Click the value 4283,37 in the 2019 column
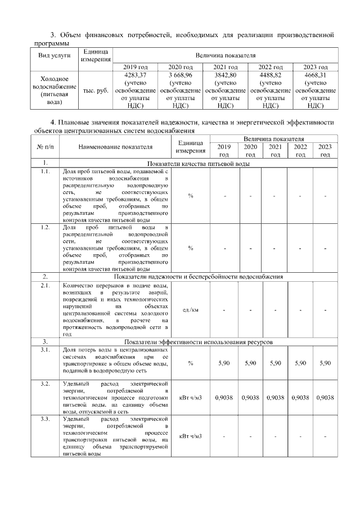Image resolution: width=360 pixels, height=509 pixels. tap(136, 74)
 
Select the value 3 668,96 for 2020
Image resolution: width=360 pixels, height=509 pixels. tap(181, 74)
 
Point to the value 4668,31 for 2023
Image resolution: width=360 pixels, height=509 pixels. tap(316, 74)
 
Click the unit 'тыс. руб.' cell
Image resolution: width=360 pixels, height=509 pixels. tap(96, 90)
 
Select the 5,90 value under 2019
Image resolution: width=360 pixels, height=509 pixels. tap(224, 363)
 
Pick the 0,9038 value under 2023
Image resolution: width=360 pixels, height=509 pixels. tap(325, 397)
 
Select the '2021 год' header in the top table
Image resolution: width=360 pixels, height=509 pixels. tap(225, 66)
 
